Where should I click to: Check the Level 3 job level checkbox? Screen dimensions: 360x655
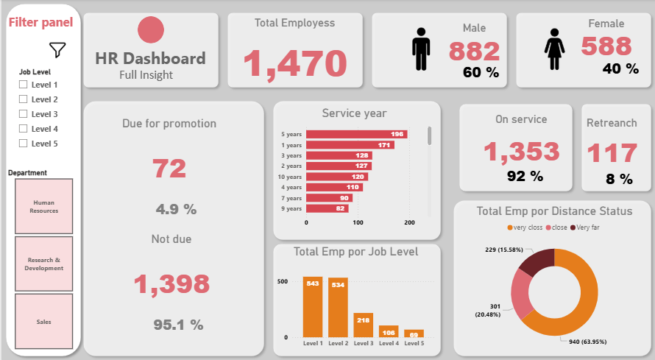(23, 114)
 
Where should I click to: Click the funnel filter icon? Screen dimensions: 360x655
(57, 50)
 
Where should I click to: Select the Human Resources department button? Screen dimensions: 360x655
(43, 205)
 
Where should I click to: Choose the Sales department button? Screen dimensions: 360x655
(43, 322)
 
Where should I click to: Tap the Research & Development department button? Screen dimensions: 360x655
(43, 264)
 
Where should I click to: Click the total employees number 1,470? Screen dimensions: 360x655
(294, 63)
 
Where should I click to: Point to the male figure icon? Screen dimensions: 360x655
(421, 49)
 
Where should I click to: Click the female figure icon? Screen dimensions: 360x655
(553, 49)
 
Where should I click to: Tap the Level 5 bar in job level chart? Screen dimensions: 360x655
(414, 333)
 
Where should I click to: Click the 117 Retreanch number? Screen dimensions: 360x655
(612, 153)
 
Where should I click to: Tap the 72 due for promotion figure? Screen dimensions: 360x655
(169, 168)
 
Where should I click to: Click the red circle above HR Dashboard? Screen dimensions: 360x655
(151, 29)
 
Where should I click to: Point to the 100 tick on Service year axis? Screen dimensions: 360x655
(358, 222)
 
